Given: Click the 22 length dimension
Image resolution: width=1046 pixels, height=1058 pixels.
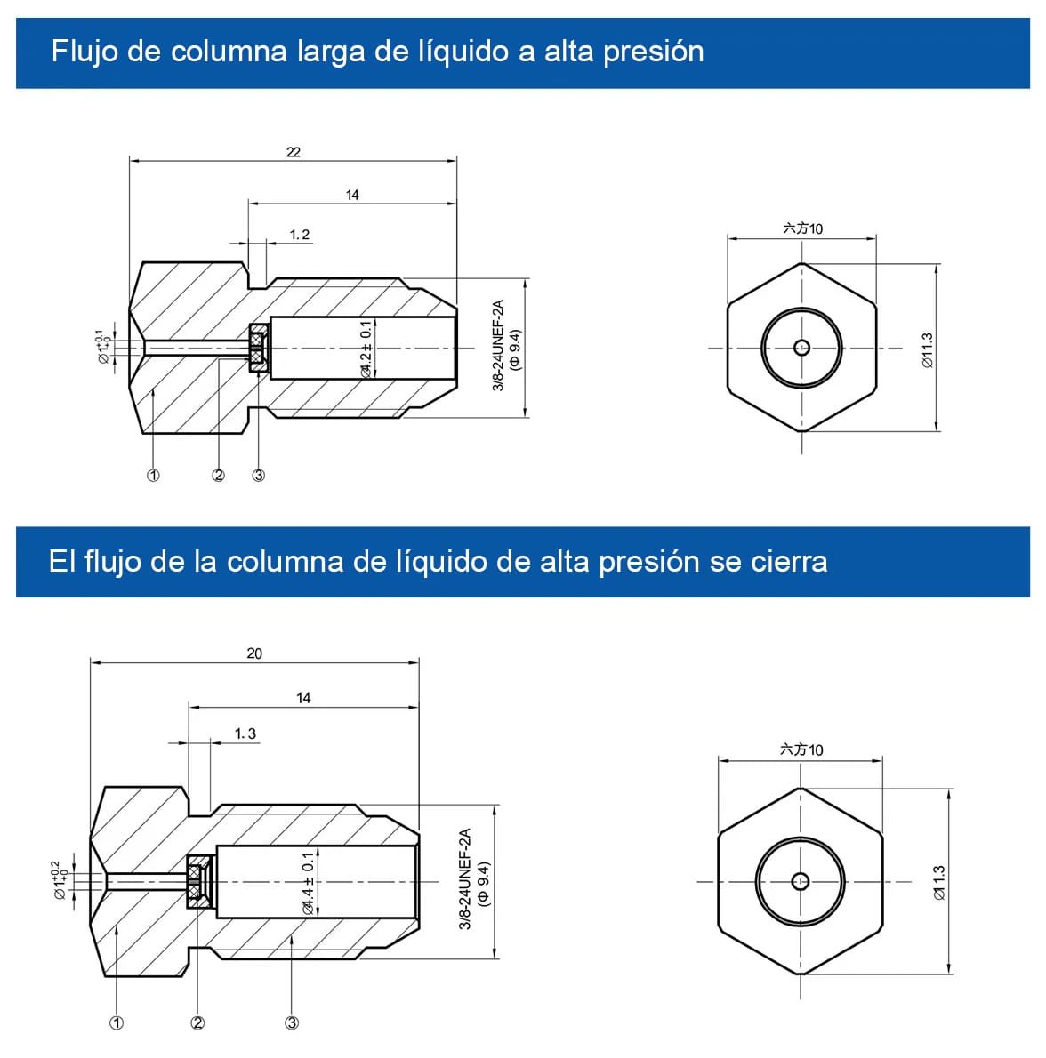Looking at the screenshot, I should (x=294, y=152).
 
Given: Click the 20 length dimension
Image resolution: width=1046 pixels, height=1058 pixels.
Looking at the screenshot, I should (x=254, y=653).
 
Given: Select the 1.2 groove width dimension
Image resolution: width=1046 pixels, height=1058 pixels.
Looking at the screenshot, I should (x=300, y=235).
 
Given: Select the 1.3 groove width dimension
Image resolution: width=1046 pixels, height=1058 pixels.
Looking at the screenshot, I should (x=245, y=733).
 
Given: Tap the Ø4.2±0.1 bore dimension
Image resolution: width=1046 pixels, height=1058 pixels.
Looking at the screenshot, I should (x=366, y=349).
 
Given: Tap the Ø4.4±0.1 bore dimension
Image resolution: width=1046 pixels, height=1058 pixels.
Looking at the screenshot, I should (x=308, y=882).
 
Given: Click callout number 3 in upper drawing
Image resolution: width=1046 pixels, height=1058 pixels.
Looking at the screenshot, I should (x=259, y=476).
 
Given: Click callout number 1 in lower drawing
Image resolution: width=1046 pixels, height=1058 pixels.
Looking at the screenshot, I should (x=117, y=1023).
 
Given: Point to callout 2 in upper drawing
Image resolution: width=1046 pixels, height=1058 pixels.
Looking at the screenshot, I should (x=219, y=476).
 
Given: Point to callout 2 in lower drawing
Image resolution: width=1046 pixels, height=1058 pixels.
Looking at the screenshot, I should (x=197, y=1023).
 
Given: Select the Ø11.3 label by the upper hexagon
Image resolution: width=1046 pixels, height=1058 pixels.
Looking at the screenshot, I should (x=927, y=350).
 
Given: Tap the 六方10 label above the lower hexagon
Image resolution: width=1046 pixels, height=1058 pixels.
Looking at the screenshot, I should (x=801, y=749).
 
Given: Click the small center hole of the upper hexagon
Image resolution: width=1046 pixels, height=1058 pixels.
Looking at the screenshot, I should (x=801, y=348).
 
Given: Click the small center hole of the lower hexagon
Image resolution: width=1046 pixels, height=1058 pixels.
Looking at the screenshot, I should (x=800, y=881).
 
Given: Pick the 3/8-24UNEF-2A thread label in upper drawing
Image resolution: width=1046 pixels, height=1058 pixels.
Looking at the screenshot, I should (x=498, y=346).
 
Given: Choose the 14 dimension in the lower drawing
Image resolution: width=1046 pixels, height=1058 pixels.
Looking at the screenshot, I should (x=303, y=698).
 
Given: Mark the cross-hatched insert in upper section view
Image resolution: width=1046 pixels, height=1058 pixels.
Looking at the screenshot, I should (x=258, y=347).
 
